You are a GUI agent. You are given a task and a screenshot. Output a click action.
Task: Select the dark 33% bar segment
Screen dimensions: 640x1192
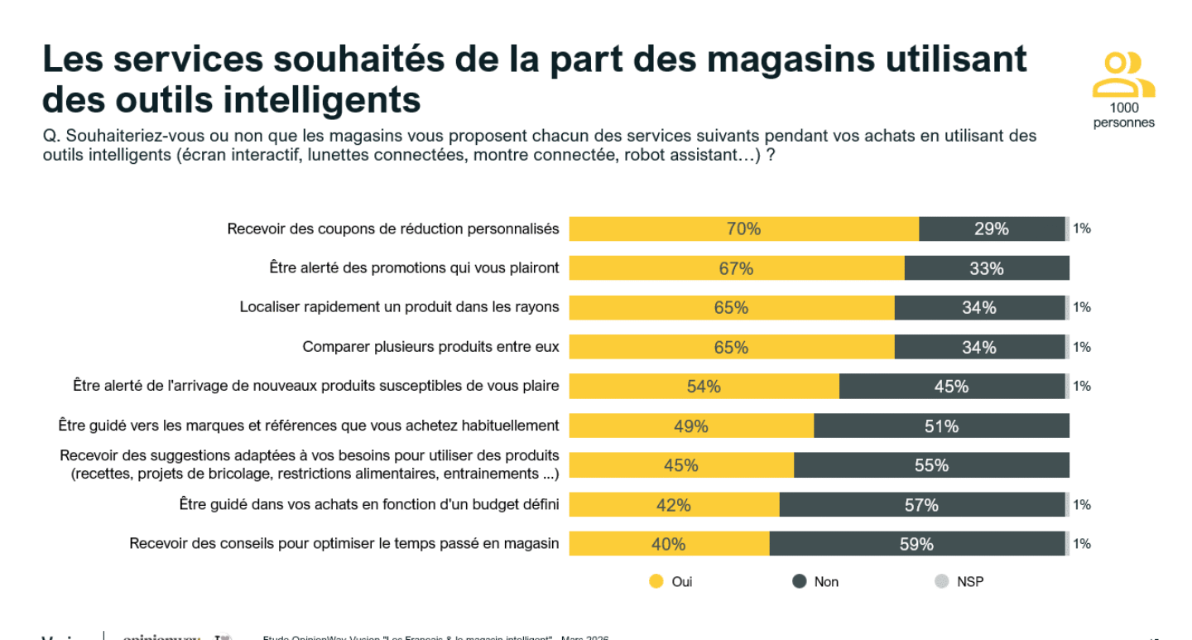[x=987, y=268]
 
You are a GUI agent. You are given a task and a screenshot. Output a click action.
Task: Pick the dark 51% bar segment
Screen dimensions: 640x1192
[x=941, y=426]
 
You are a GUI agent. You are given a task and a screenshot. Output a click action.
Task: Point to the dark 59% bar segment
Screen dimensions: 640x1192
[x=916, y=544]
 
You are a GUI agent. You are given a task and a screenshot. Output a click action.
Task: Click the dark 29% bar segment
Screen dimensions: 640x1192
[x=991, y=229]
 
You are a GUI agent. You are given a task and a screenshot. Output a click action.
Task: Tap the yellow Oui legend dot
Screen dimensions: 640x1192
[x=656, y=581]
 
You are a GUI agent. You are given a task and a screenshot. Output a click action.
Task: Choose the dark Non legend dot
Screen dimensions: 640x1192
[x=799, y=581]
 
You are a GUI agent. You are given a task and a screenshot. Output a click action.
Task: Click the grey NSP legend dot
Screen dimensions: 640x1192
[x=941, y=581]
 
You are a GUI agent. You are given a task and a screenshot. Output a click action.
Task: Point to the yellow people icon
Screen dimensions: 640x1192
[x=1123, y=75]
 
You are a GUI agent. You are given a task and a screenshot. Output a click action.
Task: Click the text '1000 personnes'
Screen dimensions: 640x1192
[x=1123, y=115]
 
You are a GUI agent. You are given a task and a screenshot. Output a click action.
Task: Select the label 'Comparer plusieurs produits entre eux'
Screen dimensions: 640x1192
[x=430, y=347]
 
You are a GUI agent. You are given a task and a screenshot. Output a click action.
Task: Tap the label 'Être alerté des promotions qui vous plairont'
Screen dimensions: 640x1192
[x=414, y=268]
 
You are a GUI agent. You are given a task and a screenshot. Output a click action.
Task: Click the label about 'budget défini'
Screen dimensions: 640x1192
[x=369, y=504]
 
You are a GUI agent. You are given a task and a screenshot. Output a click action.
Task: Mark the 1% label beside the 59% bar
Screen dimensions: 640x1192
[x=1082, y=544]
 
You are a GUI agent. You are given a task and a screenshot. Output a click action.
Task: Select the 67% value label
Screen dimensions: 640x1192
[x=736, y=269]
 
